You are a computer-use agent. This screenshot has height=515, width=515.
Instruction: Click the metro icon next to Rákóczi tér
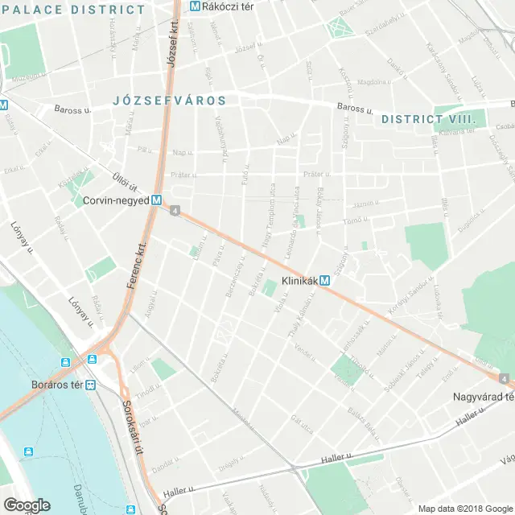coord(195,6)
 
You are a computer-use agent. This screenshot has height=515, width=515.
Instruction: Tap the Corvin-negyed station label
coord(116,203)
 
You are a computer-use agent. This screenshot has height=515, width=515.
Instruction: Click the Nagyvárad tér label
coord(481,397)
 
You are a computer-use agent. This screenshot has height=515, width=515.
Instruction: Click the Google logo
coord(26,505)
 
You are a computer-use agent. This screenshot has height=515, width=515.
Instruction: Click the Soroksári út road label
coord(132,426)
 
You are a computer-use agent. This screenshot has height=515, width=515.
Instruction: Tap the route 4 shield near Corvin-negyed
coord(174,211)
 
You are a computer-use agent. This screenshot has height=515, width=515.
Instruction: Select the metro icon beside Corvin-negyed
coord(156,202)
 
